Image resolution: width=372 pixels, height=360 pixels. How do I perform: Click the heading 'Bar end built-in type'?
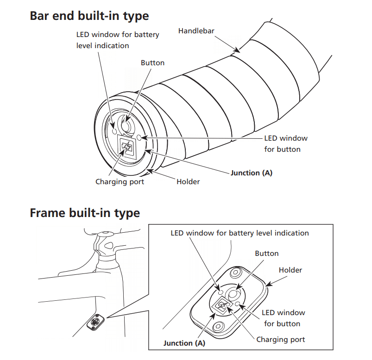coord(89,16)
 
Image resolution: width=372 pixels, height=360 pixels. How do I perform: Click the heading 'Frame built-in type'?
coord(85,213)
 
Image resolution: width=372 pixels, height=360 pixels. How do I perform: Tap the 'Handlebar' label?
coord(196,31)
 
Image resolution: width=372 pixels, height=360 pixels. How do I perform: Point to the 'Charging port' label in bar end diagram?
coord(120,182)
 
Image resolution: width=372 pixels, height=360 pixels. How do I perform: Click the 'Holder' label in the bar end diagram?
coord(188,182)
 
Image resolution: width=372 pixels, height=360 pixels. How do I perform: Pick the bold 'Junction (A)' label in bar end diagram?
coord(252,173)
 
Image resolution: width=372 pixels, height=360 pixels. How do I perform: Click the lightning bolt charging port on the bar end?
coord(126,147)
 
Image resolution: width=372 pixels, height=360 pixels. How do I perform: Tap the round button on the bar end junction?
coord(126,125)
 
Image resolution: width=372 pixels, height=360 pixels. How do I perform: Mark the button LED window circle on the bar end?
coord(141,137)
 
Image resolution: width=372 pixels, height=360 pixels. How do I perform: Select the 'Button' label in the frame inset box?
coord(267,254)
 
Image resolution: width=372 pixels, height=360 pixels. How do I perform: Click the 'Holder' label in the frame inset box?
coord(290,270)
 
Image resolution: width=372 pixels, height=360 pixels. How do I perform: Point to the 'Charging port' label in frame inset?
coord(281,340)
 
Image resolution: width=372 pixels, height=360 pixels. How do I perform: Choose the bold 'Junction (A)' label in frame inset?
coord(184,343)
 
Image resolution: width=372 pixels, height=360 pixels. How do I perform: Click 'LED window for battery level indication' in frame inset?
coord(240,233)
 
